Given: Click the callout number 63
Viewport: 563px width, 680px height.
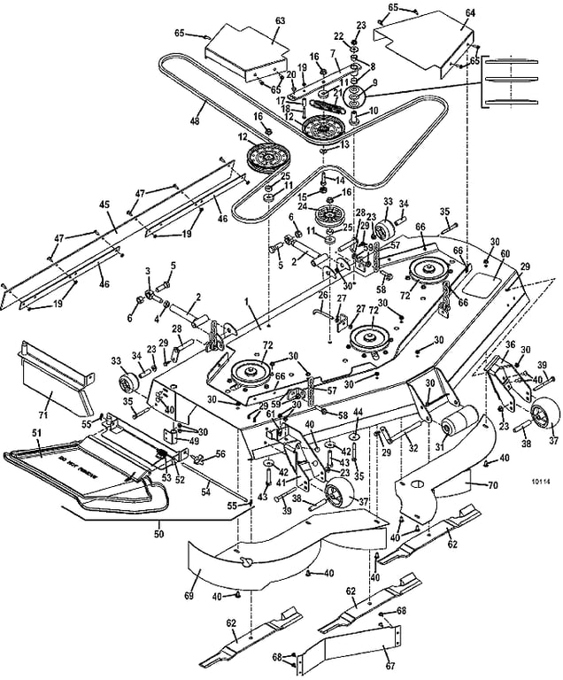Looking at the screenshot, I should point(280,19).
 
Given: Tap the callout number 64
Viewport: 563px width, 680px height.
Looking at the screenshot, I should point(469,12).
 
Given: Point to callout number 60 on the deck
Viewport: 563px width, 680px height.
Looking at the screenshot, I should point(505,254).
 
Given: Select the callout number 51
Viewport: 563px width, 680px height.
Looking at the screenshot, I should point(36,432).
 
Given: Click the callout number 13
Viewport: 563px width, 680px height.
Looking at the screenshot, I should point(344,143).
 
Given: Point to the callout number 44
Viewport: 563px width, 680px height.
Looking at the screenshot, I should point(358,413).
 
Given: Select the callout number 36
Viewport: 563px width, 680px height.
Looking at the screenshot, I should point(510,344).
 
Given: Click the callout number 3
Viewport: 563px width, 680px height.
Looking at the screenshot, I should point(148,270).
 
